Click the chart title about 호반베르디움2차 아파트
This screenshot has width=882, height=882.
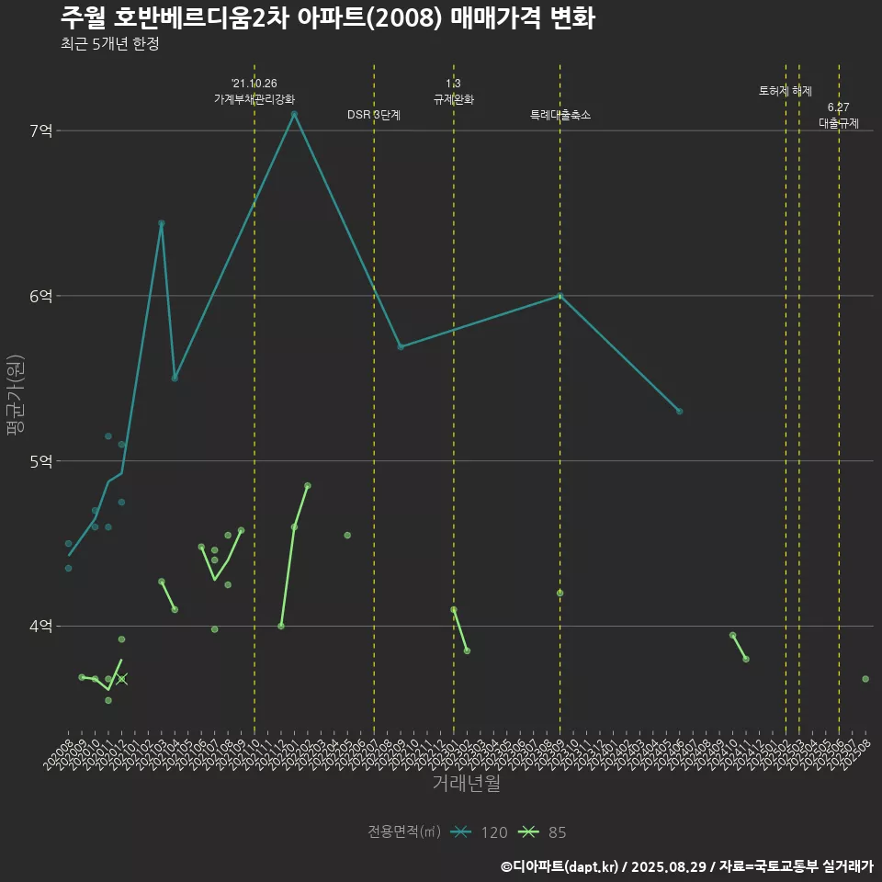tap(327, 18)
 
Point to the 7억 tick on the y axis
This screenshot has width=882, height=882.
tap(41, 130)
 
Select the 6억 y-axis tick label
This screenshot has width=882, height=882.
tap(41, 296)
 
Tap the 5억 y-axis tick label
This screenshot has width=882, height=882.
tap(41, 461)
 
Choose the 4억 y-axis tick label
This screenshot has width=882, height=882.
tap(41, 627)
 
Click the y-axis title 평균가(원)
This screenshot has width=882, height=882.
tap(17, 395)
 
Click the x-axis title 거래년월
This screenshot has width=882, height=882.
tap(467, 783)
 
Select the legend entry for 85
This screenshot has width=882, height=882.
tap(542, 832)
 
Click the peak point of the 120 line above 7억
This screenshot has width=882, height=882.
tap(294, 114)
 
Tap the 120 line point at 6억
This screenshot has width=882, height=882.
tap(560, 296)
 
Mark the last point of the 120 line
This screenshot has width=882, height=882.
tap(679, 411)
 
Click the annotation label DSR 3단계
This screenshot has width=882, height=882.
tap(374, 115)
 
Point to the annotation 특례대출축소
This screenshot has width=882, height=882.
tap(560, 115)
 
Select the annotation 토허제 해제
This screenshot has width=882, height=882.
tap(786, 91)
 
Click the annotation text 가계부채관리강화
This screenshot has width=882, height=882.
tap(254, 99)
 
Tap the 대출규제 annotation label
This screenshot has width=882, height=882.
tap(839, 123)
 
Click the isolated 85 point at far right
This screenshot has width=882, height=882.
tap(865, 679)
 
